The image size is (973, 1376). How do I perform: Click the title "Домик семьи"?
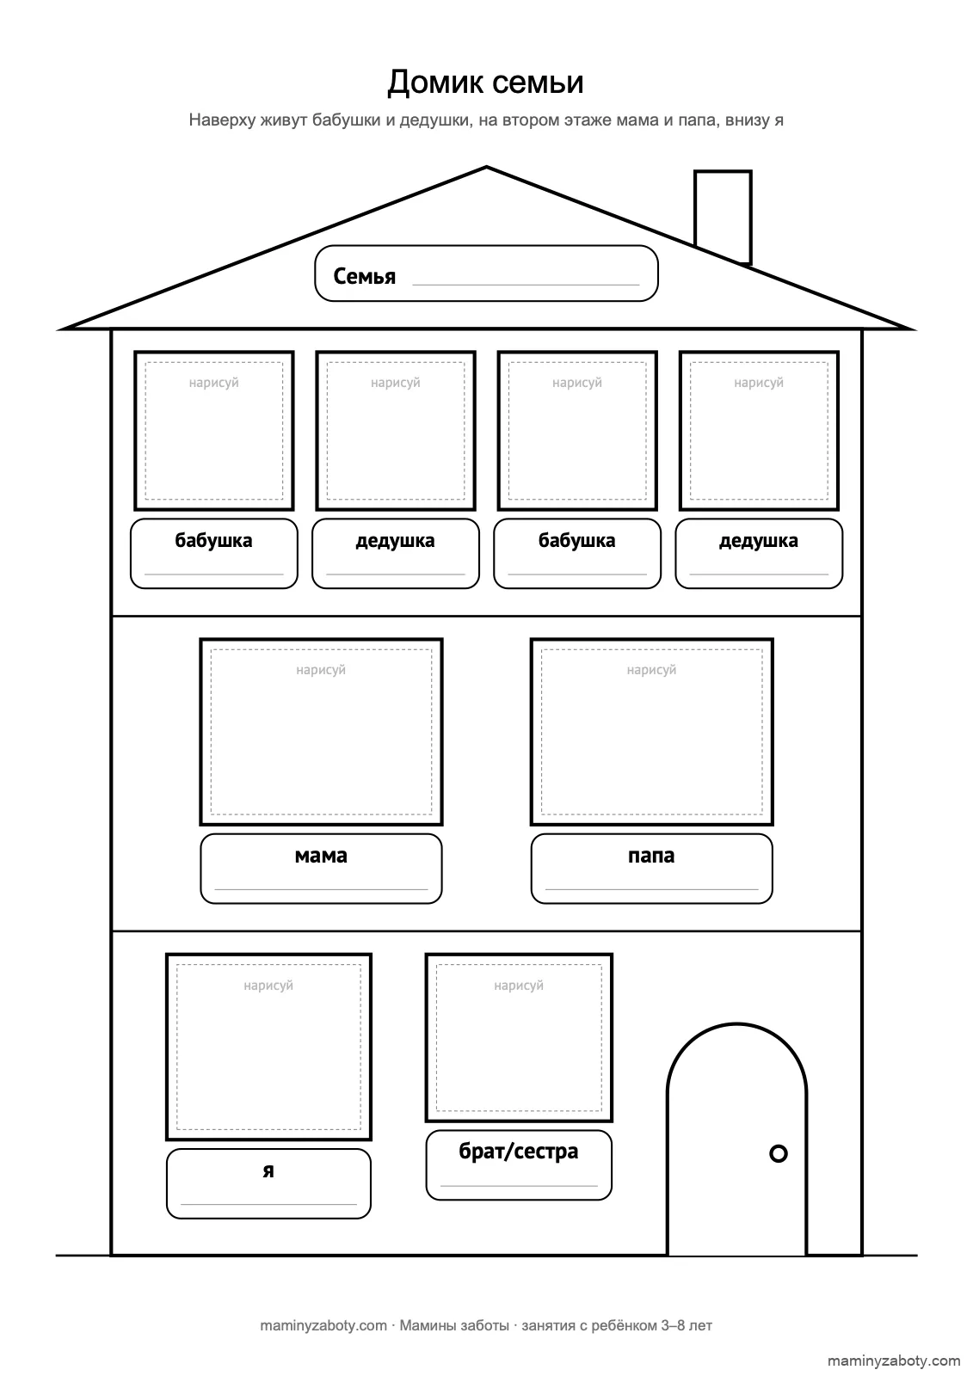pos(485,83)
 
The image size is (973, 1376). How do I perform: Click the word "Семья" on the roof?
pos(365,276)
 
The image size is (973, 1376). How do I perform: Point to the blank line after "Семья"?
pos(527,285)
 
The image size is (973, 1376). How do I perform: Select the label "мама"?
pos(321,856)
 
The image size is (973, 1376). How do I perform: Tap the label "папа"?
pos(651,856)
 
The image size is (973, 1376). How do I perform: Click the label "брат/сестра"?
pos(519,1152)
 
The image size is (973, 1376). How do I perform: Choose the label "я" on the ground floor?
pos(268,1170)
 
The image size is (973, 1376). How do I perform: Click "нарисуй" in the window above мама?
pos(321,670)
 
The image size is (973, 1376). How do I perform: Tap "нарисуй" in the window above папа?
pos(651,670)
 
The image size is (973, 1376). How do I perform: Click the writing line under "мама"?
pos(321,889)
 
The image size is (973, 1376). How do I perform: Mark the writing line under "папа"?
pos(651,889)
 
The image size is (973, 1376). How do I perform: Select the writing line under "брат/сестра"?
pos(519,1186)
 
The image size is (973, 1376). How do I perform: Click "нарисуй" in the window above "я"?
pos(268,986)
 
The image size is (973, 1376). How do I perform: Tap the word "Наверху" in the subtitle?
pos(222,120)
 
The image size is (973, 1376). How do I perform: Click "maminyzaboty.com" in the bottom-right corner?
pos(894,1361)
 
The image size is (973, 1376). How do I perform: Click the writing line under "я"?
pos(268,1204)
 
